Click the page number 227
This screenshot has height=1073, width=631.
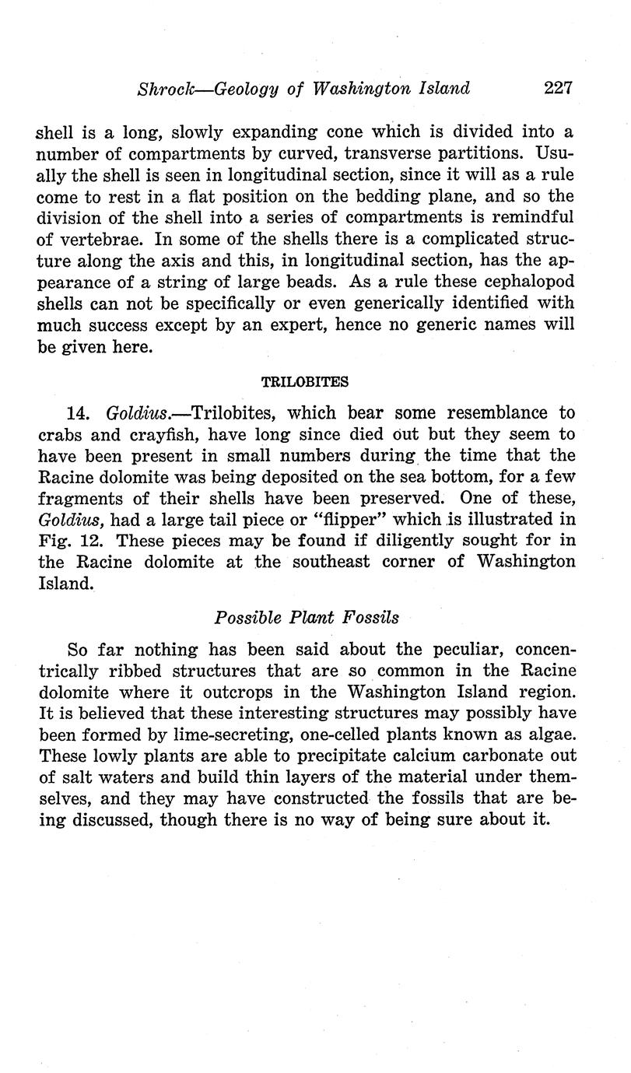(x=559, y=88)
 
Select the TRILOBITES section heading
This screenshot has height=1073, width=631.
(x=305, y=382)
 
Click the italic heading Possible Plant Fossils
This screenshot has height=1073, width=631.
(x=307, y=617)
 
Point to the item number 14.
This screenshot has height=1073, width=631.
(x=79, y=412)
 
